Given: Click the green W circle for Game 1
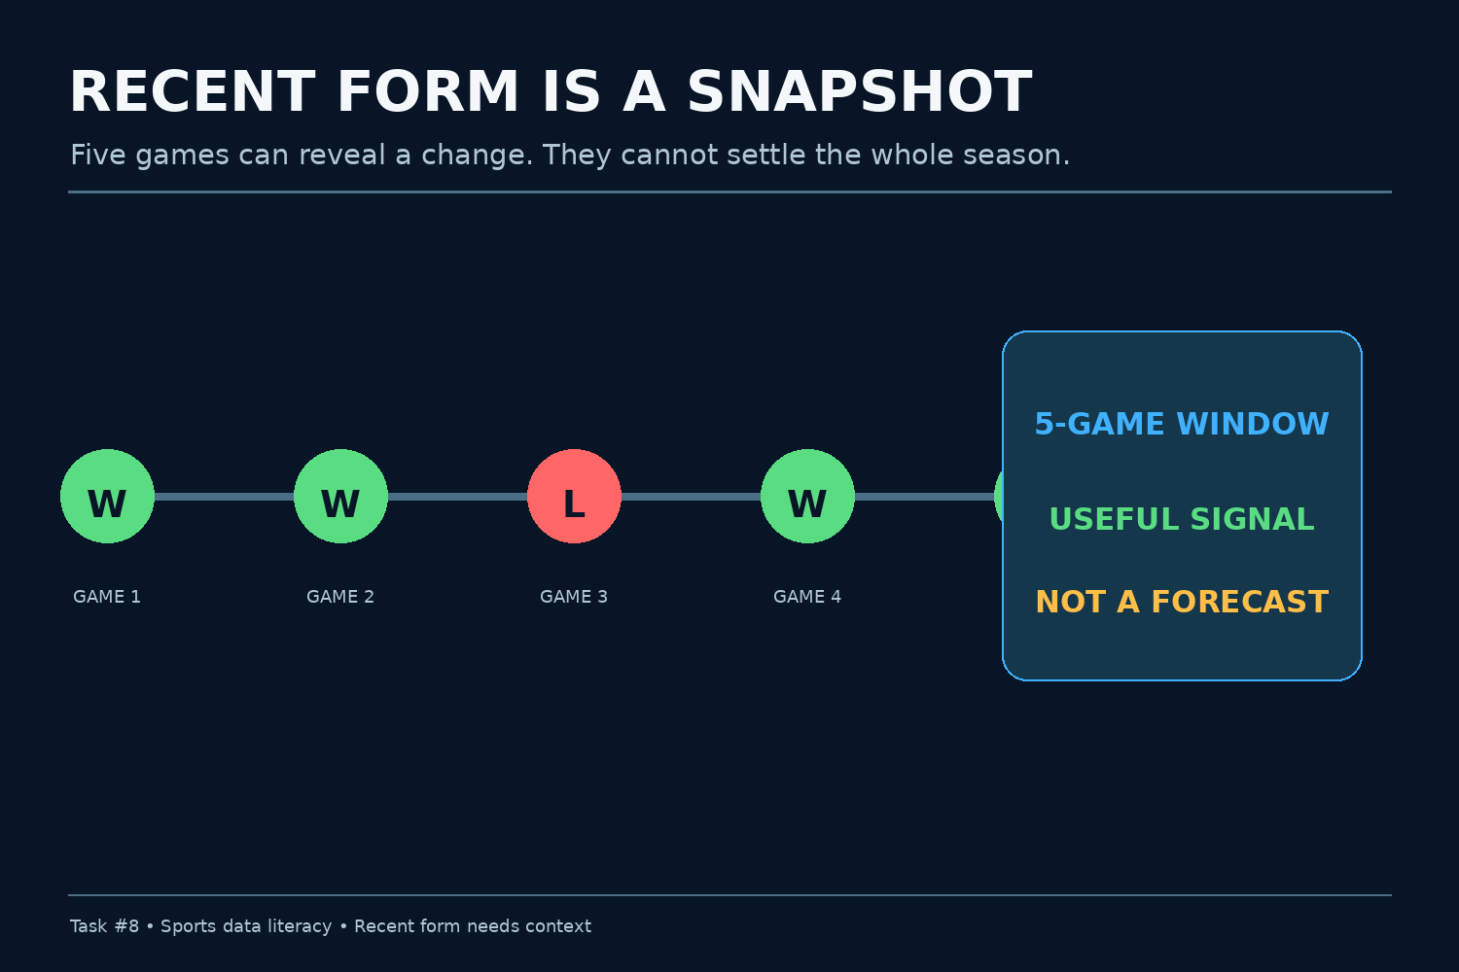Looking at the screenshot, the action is pos(107,496).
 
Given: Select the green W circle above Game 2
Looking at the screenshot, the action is pos(340,496).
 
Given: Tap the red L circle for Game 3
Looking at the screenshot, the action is pos(574,496).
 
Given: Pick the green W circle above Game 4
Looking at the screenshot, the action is pos(807,496).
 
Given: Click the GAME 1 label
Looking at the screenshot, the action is pos(107,597).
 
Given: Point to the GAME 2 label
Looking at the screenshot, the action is pos(340,597).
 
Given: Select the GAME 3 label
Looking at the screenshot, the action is pos(574,597).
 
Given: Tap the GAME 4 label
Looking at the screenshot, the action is pos(807,597).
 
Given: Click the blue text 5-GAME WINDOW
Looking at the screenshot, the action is pos(1182,424).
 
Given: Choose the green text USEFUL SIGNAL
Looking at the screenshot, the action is pos(1182,519).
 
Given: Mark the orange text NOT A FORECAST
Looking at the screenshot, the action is pos(1182,602).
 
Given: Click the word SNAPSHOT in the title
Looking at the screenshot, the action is pos(860,92).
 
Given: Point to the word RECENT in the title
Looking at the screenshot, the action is pos(193,92).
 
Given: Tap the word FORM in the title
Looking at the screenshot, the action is pos(428,92).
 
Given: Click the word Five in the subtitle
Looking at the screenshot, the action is pos(98,156).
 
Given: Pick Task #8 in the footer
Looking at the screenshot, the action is pos(104,926).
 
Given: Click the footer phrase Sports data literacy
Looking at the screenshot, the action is pos(246,926).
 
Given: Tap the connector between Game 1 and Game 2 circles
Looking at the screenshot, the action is pos(224,497).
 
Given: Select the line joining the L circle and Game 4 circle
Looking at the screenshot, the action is pos(691,497).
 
